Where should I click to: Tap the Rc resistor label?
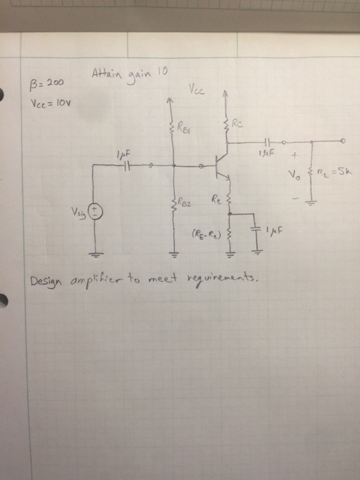[237, 124]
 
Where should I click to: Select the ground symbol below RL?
[312, 201]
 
